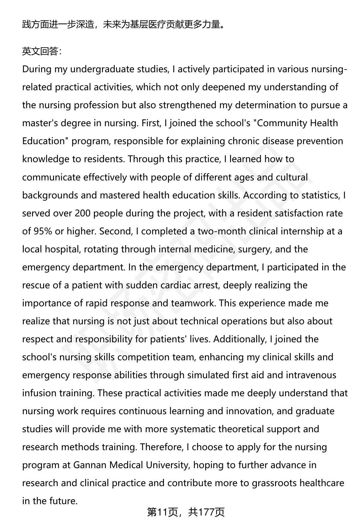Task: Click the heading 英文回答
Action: click(41, 52)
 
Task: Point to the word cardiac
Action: click(178, 285)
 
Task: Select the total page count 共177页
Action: click(206, 512)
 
